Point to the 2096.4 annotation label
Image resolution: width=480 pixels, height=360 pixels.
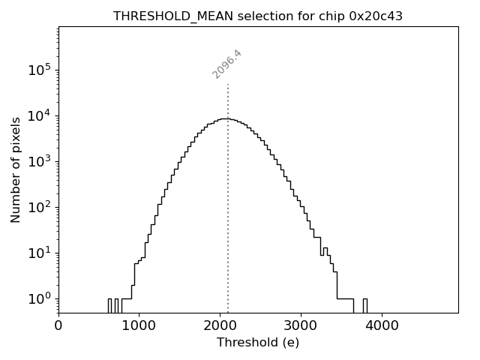click(227, 64)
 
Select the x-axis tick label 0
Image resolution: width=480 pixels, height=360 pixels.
click(58, 326)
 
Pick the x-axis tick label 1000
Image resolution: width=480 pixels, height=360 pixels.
click(139, 326)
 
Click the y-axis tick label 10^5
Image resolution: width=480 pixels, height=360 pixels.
click(40, 70)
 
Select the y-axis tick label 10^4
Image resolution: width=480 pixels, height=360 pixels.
click(40, 116)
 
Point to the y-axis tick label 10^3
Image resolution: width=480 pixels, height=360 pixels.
click(40, 162)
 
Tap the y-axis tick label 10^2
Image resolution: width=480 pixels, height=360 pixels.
click(40, 208)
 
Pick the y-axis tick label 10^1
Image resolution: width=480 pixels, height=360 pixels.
click(40, 253)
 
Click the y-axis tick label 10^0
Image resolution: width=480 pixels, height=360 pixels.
click(40, 299)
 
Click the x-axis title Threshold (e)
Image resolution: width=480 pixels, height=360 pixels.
click(258, 343)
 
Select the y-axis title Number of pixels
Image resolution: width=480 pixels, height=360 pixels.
click(16, 169)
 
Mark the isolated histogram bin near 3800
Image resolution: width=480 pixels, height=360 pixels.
click(365, 305)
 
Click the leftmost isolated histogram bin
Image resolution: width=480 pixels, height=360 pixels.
click(109, 305)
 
